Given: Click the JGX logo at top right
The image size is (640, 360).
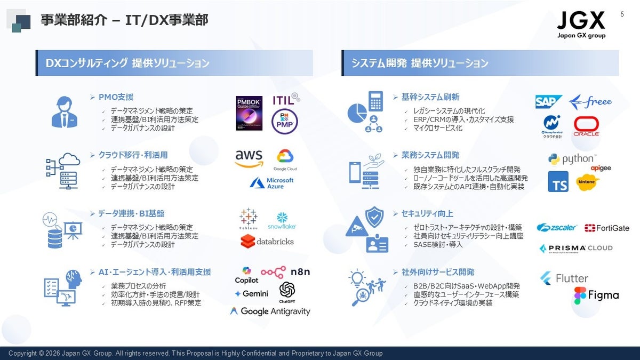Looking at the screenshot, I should click(x=581, y=25).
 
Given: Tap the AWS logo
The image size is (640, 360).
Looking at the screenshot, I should click(x=249, y=158).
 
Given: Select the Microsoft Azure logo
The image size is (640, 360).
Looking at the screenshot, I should click(x=273, y=183).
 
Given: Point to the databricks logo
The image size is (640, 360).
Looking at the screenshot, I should click(x=267, y=242).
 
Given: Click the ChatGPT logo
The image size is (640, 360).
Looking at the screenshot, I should click(x=287, y=292).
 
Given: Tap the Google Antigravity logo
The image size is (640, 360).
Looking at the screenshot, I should click(x=270, y=311).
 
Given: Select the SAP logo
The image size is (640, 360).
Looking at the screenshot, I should click(x=549, y=102).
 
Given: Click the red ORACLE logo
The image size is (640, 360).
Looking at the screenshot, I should click(x=586, y=127).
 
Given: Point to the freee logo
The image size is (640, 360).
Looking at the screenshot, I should click(x=590, y=101).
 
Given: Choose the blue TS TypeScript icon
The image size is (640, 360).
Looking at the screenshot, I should click(x=558, y=182).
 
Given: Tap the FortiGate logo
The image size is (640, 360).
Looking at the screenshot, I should click(x=607, y=228).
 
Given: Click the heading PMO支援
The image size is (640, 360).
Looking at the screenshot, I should click(x=116, y=97).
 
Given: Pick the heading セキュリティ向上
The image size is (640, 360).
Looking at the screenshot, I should click(x=427, y=213).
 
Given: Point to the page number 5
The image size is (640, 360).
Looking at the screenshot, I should click(x=622, y=14).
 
